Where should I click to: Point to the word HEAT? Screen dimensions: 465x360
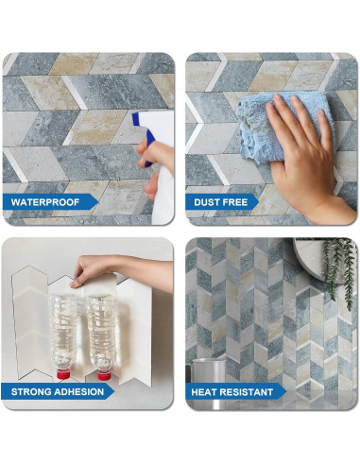coord(209,390)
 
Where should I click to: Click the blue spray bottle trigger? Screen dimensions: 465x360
coord(144,124)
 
